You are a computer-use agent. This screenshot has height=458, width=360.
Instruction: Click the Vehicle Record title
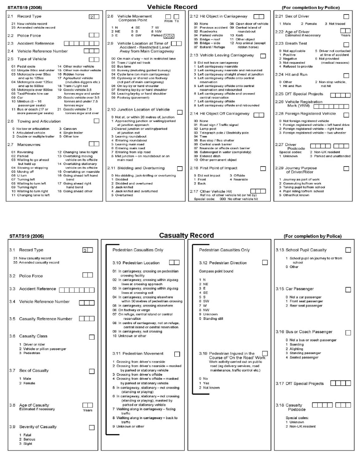(x=180, y=7)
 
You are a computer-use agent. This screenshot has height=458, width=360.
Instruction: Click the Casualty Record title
(x=180, y=235)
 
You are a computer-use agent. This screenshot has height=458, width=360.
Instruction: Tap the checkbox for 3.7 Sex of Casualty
(x=91, y=371)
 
